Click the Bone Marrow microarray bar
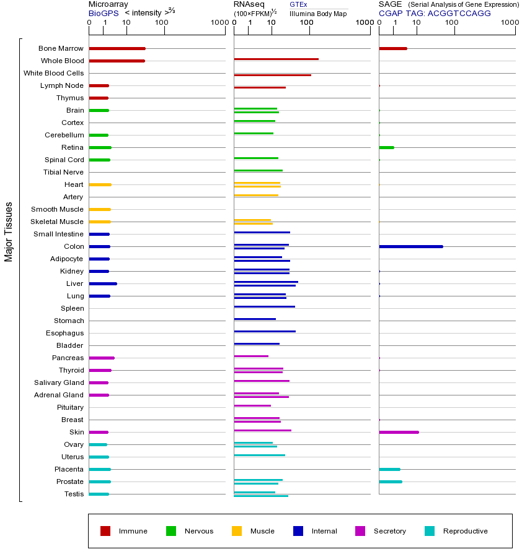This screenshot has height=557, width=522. [117, 48]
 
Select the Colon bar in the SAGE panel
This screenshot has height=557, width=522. [410, 246]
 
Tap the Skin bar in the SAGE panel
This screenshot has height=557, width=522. [399, 432]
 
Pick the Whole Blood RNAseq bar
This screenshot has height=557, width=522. [276, 59]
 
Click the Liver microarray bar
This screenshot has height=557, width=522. [102, 283]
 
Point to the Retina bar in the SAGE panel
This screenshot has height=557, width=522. [386, 147]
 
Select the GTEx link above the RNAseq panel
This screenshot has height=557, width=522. [298, 5]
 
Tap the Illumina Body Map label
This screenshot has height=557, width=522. [318, 13]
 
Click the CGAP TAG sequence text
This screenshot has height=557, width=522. [435, 13]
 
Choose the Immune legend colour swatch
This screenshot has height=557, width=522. [105, 531]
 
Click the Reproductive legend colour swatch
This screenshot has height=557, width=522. [430, 531]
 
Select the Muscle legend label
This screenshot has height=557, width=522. [262, 531]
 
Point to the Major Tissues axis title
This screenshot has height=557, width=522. [9, 231]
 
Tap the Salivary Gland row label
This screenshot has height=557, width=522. [59, 382]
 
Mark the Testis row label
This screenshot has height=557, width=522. [74, 494]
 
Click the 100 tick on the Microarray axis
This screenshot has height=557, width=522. [161, 22]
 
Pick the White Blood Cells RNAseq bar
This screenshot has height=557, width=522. [272, 75]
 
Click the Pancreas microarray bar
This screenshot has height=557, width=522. [102, 358]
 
